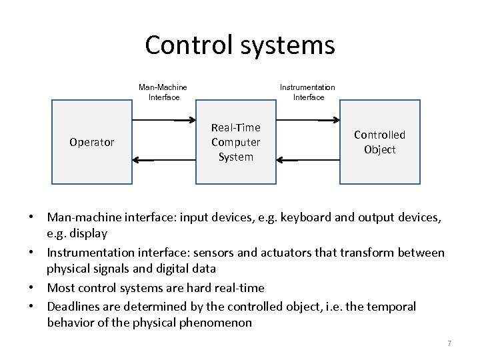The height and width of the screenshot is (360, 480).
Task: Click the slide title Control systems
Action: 239,45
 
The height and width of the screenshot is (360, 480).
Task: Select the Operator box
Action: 92,142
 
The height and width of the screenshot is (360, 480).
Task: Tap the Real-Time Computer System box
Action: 235,142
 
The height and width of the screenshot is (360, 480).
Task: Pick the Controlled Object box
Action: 379,142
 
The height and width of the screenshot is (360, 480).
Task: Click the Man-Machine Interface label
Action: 163,92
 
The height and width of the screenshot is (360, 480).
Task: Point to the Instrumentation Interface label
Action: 307,92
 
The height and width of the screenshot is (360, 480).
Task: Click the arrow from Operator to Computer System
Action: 163,121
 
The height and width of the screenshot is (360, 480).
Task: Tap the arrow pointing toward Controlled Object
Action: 308,121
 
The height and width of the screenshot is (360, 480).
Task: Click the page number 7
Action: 449,343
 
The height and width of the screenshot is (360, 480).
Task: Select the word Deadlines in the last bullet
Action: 73,307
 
